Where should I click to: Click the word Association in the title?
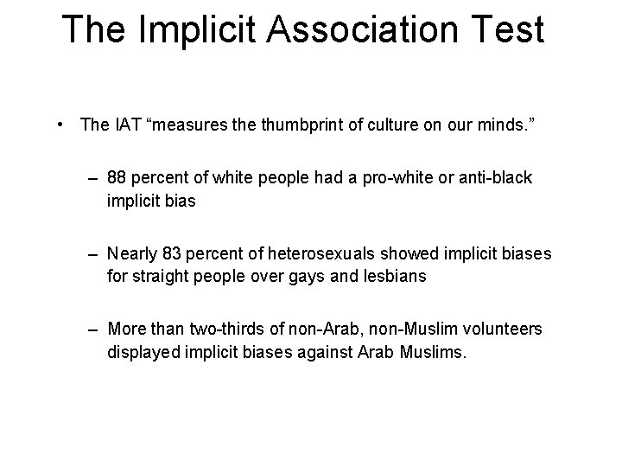click(360, 30)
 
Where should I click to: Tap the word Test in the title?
click(507, 30)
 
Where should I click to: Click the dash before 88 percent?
click(92, 178)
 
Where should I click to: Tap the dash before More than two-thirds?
click(92, 329)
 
